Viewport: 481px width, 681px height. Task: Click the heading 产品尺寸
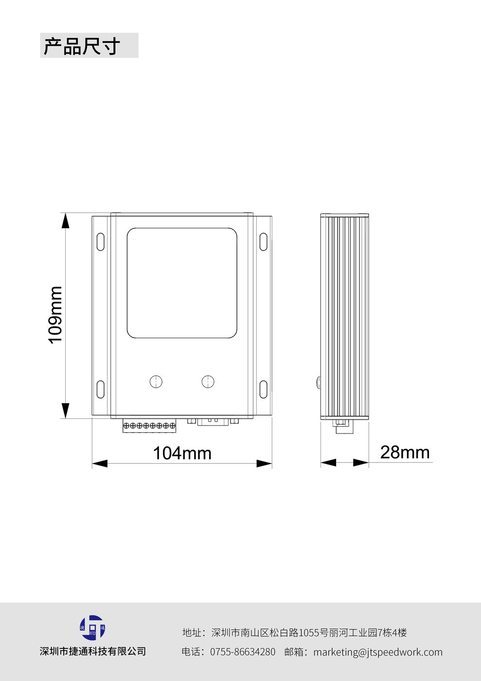(x=82, y=46)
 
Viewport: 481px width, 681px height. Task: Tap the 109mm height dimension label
(x=55, y=315)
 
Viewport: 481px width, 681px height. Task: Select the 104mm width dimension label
(x=182, y=453)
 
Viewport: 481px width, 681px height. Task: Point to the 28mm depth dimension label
(x=405, y=452)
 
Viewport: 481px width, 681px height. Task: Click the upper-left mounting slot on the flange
(x=100, y=242)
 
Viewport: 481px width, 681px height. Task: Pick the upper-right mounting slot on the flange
(x=263, y=242)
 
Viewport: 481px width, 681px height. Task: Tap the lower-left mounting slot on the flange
(x=100, y=389)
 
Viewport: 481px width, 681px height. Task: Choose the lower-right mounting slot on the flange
(x=263, y=389)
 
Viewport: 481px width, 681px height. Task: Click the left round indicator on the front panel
(x=156, y=381)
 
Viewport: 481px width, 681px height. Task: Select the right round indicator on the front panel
(x=208, y=381)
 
